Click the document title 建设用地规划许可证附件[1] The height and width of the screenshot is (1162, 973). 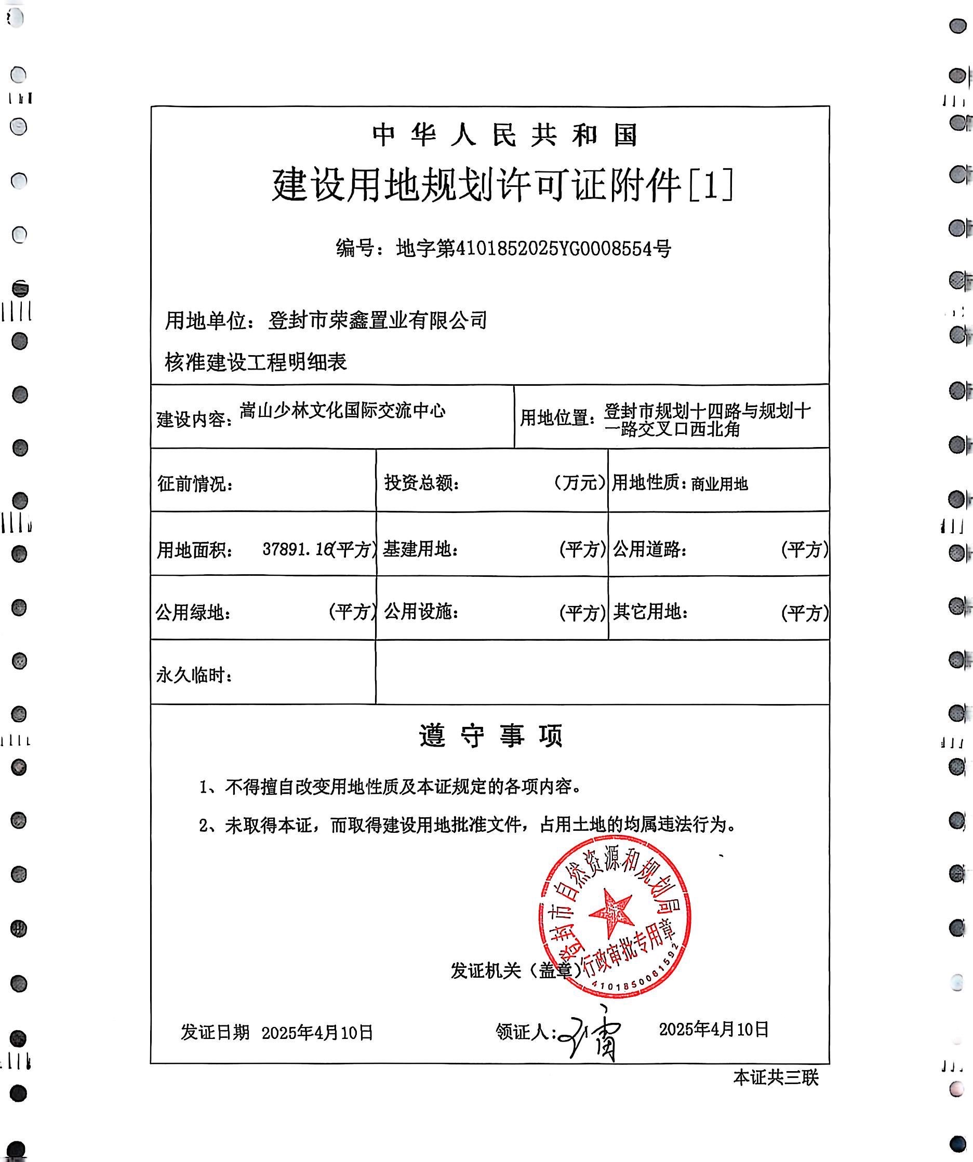pos(502,185)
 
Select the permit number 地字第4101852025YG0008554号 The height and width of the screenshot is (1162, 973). pos(534,249)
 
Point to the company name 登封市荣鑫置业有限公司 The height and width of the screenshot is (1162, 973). pos(378,320)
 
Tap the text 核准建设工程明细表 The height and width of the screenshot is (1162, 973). pos(256,362)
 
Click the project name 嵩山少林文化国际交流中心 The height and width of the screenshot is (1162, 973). pos(342,411)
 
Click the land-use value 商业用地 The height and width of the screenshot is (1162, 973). pos(719,484)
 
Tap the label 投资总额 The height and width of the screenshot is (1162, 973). pos(422,483)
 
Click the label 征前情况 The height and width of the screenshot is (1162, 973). pos(195,483)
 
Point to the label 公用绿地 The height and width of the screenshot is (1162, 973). pos(193,613)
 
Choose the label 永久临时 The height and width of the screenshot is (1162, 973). pos(194,675)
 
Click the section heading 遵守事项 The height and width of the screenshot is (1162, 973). pos(490,735)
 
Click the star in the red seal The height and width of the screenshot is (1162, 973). pos(611,911)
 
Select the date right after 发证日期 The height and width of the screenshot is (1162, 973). pos(317,1033)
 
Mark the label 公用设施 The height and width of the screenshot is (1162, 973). pos(421,612)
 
